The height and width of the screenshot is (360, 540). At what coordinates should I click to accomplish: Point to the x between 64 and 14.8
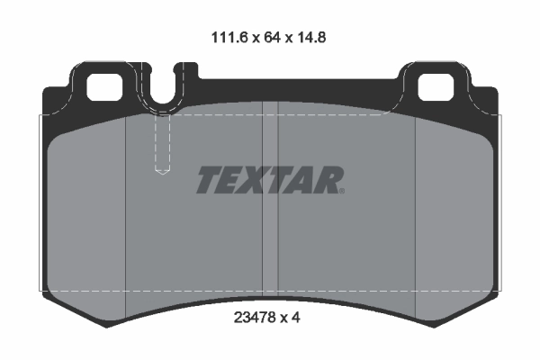pyautogui.click(x=283, y=40)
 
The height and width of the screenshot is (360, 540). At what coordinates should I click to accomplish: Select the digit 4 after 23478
pyautogui.click(x=296, y=318)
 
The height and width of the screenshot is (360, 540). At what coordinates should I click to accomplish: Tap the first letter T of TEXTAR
pyautogui.click(x=208, y=181)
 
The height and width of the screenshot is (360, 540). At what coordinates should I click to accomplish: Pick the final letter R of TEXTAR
pyautogui.click(x=327, y=181)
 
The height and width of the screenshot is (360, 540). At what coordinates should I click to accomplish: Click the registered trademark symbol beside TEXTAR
pyautogui.click(x=341, y=190)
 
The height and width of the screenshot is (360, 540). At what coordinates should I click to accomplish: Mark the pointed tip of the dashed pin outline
pyautogui.click(x=163, y=173)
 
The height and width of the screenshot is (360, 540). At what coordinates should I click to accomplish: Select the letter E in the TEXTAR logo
pyautogui.click(x=231, y=181)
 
